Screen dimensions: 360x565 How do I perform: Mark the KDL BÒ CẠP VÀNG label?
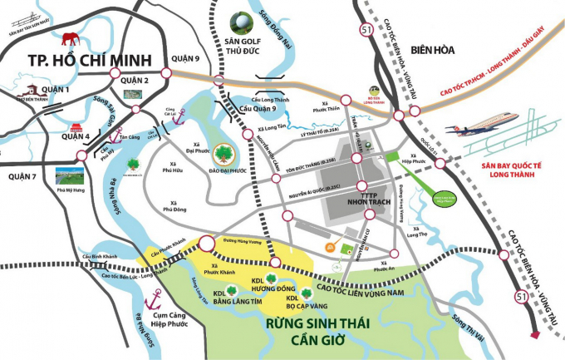coord(297,303)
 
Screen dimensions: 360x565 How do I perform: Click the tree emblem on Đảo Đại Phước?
coord(223,154)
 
